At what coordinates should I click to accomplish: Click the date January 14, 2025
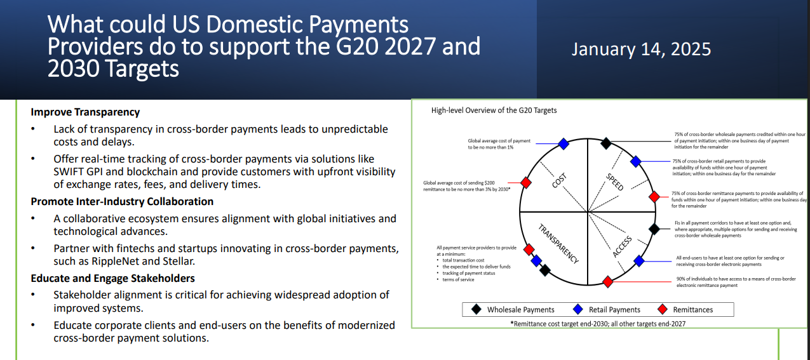click(x=641, y=50)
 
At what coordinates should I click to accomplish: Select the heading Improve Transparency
click(x=85, y=112)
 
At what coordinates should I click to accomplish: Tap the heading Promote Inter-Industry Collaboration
click(x=122, y=201)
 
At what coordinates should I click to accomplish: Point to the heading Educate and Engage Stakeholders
click(x=112, y=278)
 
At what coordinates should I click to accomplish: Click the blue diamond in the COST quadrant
click(x=563, y=144)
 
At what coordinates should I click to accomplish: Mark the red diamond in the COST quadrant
click(x=525, y=183)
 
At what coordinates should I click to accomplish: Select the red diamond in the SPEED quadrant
click(x=654, y=197)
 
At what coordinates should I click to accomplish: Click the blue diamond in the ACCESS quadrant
click(x=639, y=261)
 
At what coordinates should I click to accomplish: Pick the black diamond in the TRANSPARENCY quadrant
click(x=544, y=270)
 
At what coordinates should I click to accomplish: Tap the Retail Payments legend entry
click(x=606, y=310)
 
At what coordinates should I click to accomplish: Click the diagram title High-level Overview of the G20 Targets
click(x=494, y=110)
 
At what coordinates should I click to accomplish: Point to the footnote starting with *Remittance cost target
click(x=598, y=323)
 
